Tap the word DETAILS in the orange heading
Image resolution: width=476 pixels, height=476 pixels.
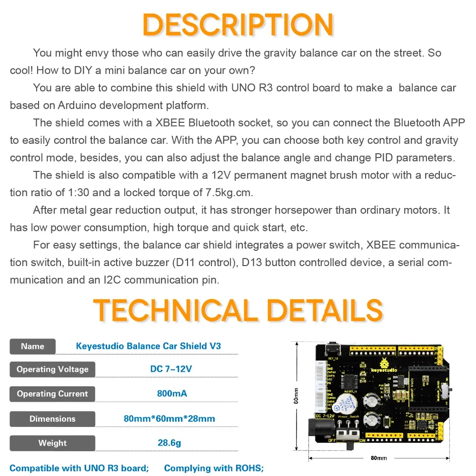(325, 311)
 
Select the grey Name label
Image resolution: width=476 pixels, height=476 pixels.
(32, 347)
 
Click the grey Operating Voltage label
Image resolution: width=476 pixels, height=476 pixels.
(52, 369)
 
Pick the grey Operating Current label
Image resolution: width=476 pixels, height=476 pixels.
(52, 394)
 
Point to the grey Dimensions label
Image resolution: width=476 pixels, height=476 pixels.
(52, 419)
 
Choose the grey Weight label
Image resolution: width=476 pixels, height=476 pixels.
(52, 443)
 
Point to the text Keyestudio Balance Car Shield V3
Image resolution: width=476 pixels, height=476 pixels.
(149, 346)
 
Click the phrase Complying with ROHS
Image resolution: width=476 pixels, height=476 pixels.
(214, 468)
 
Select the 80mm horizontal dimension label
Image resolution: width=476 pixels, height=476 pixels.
(379, 458)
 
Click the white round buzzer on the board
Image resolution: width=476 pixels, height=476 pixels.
(343, 407)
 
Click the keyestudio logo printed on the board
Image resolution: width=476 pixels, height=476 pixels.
(367, 368)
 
